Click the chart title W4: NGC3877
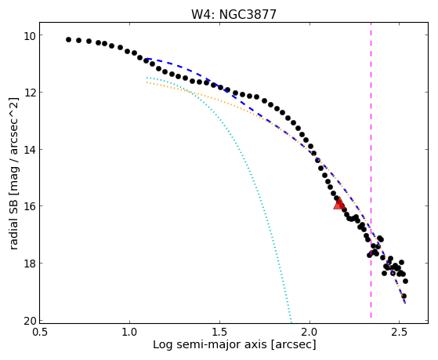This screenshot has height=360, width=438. click(x=233, y=15)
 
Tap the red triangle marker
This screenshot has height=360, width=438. click(x=339, y=204)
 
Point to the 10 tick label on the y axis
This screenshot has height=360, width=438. click(x=29, y=35)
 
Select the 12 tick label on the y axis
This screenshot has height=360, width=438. click(x=29, y=93)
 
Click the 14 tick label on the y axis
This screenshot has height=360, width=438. click(x=29, y=150)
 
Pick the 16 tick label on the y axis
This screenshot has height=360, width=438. click(x=29, y=206)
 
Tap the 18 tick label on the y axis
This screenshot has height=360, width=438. click(x=29, y=264)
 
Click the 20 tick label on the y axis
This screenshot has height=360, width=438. click(x=29, y=321)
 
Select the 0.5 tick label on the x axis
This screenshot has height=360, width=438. click(x=40, y=332)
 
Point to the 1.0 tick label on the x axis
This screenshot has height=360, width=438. click(x=129, y=332)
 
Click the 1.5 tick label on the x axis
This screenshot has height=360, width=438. click(x=220, y=332)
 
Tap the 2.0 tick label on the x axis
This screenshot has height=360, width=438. click(x=309, y=332)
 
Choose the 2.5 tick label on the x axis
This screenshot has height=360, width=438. click(x=400, y=332)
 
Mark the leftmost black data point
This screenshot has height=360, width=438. click(x=68, y=40)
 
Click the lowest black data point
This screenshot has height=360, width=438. click(x=404, y=296)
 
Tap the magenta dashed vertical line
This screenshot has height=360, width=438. click(x=371, y=169)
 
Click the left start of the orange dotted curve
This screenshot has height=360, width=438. click(x=147, y=82)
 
